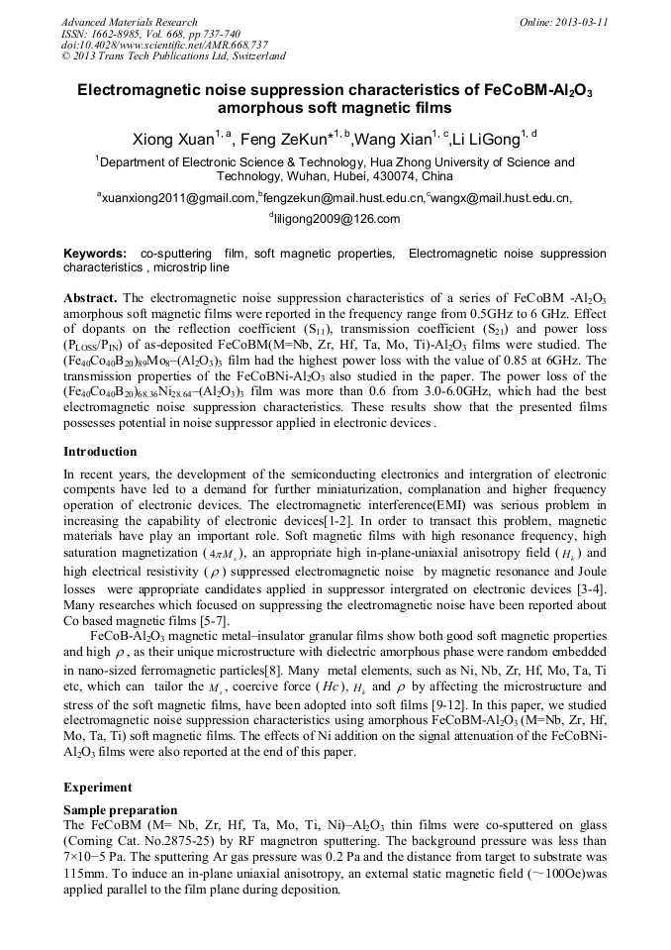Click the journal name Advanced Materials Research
coord(129,22)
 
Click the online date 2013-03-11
coord(580,22)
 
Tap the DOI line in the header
coord(164,45)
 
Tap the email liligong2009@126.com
coord(336,219)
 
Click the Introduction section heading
coord(100,452)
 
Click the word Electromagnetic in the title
coord(144,89)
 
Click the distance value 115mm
coord(83,875)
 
